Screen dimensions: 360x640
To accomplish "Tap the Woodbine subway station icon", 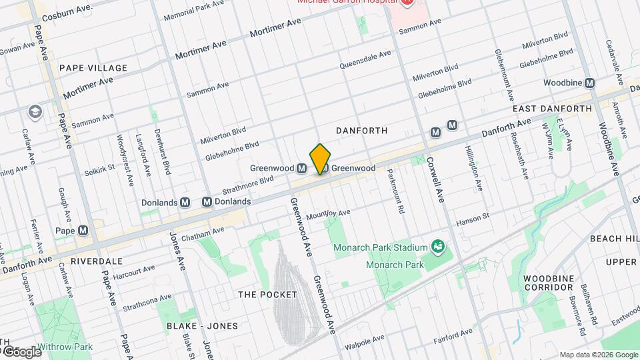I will (589, 83).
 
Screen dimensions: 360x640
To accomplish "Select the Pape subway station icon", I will (83, 231).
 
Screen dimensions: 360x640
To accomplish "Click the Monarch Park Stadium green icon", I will (438, 248).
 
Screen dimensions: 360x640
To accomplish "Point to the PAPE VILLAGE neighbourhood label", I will (93, 68).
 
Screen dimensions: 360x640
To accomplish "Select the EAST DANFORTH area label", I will (552, 108).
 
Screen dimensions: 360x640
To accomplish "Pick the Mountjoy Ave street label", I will (329, 215).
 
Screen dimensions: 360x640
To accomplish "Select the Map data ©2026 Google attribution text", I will (598, 355).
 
